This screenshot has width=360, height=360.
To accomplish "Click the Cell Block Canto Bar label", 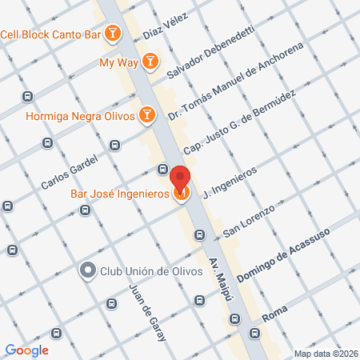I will [x=52, y=34].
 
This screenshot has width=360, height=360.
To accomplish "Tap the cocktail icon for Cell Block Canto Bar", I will [x=114, y=34].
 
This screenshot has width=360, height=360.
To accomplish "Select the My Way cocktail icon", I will [x=150, y=61].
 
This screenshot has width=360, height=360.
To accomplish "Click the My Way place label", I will [x=118, y=62].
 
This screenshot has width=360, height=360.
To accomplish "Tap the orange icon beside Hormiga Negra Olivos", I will [x=146, y=115].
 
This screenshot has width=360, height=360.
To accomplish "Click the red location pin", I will [x=181, y=182].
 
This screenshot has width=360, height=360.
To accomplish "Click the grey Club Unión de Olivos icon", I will [x=87, y=270].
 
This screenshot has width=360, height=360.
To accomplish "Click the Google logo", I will [x=27, y=350].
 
